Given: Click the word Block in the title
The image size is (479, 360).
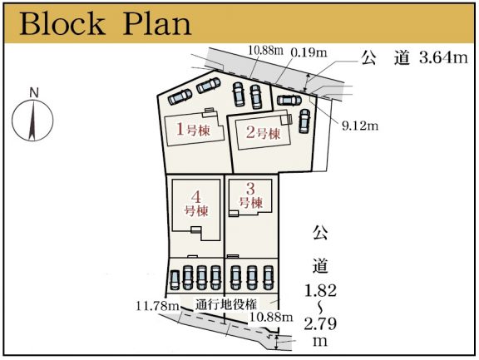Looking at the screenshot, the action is pyautogui.click(x=62, y=23).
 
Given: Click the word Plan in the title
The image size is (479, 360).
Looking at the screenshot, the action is pyautogui.click(x=157, y=23).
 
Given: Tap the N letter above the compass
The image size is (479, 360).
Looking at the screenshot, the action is pyautogui.click(x=34, y=93).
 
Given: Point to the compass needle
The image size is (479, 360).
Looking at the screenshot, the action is pyautogui.click(x=32, y=121).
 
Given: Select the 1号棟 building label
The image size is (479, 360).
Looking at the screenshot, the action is pyautogui.click(x=193, y=130).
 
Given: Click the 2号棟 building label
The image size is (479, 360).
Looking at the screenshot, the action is pyautogui.click(x=263, y=133).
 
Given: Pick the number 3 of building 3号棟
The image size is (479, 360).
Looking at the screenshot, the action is pyautogui.click(x=250, y=189).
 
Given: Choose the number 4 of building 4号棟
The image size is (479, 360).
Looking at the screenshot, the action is pyautogui.click(x=196, y=198).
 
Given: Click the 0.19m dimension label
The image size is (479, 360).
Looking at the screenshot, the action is pyautogui.click(x=309, y=52).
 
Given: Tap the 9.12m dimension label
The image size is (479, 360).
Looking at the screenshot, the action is pyautogui.click(x=360, y=126).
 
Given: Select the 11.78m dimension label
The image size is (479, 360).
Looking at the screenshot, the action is pyautogui.click(x=157, y=306).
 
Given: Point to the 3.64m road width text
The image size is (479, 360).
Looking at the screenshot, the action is pyautogui.click(x=443, y=57).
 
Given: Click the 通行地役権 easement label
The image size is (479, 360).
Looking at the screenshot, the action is pyautogui.click(x=226, y=304).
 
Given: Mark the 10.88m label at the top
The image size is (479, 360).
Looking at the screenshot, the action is pyautogui.click(x=265, y=51).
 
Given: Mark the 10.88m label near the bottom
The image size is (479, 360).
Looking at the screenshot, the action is pyautogui.click(x=271, y=317).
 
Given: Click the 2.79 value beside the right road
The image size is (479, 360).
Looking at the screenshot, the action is pyautogui.click(x=320, y=323).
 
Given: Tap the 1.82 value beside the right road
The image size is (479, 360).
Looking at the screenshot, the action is pyautogui.click(x=320, y=290).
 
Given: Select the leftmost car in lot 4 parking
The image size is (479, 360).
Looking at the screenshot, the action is pyautogui.click(x=175, y=279).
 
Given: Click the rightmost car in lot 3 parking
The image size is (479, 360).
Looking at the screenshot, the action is pyautogui.click(x=268, y=278).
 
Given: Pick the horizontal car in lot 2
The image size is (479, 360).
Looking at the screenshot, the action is pyautogui.click(x=289, y=100).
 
